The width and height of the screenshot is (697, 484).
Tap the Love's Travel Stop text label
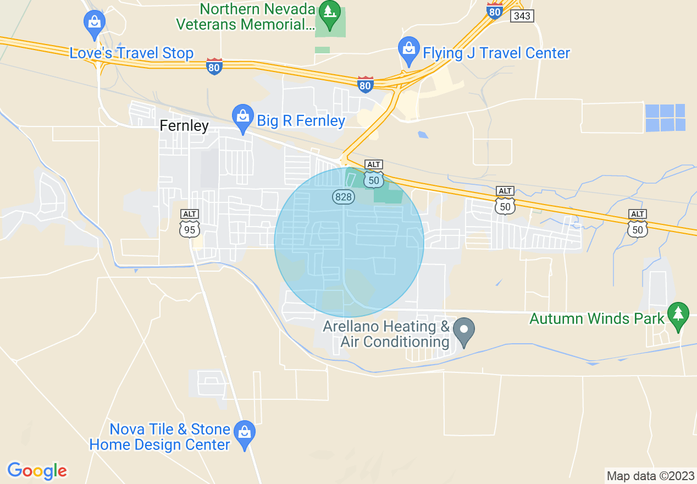(x=131, y=53)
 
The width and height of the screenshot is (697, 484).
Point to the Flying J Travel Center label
(x=496, y=53)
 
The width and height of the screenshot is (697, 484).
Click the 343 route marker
(x=521, y=16)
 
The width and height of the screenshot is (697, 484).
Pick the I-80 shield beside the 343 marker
(x=495, y=11)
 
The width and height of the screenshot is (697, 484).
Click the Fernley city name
(x=184, y=125)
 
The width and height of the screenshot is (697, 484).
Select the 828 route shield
(x=343, y=196)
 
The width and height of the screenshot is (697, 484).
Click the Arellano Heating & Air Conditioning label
(x=386, y=334)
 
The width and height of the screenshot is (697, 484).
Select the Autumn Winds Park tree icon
(x=678, y=315)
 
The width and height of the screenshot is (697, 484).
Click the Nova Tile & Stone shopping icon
(x=244, y=433)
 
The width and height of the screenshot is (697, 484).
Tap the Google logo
(x=37, y=471)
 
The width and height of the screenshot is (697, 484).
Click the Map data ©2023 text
(x=650, y=475)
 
